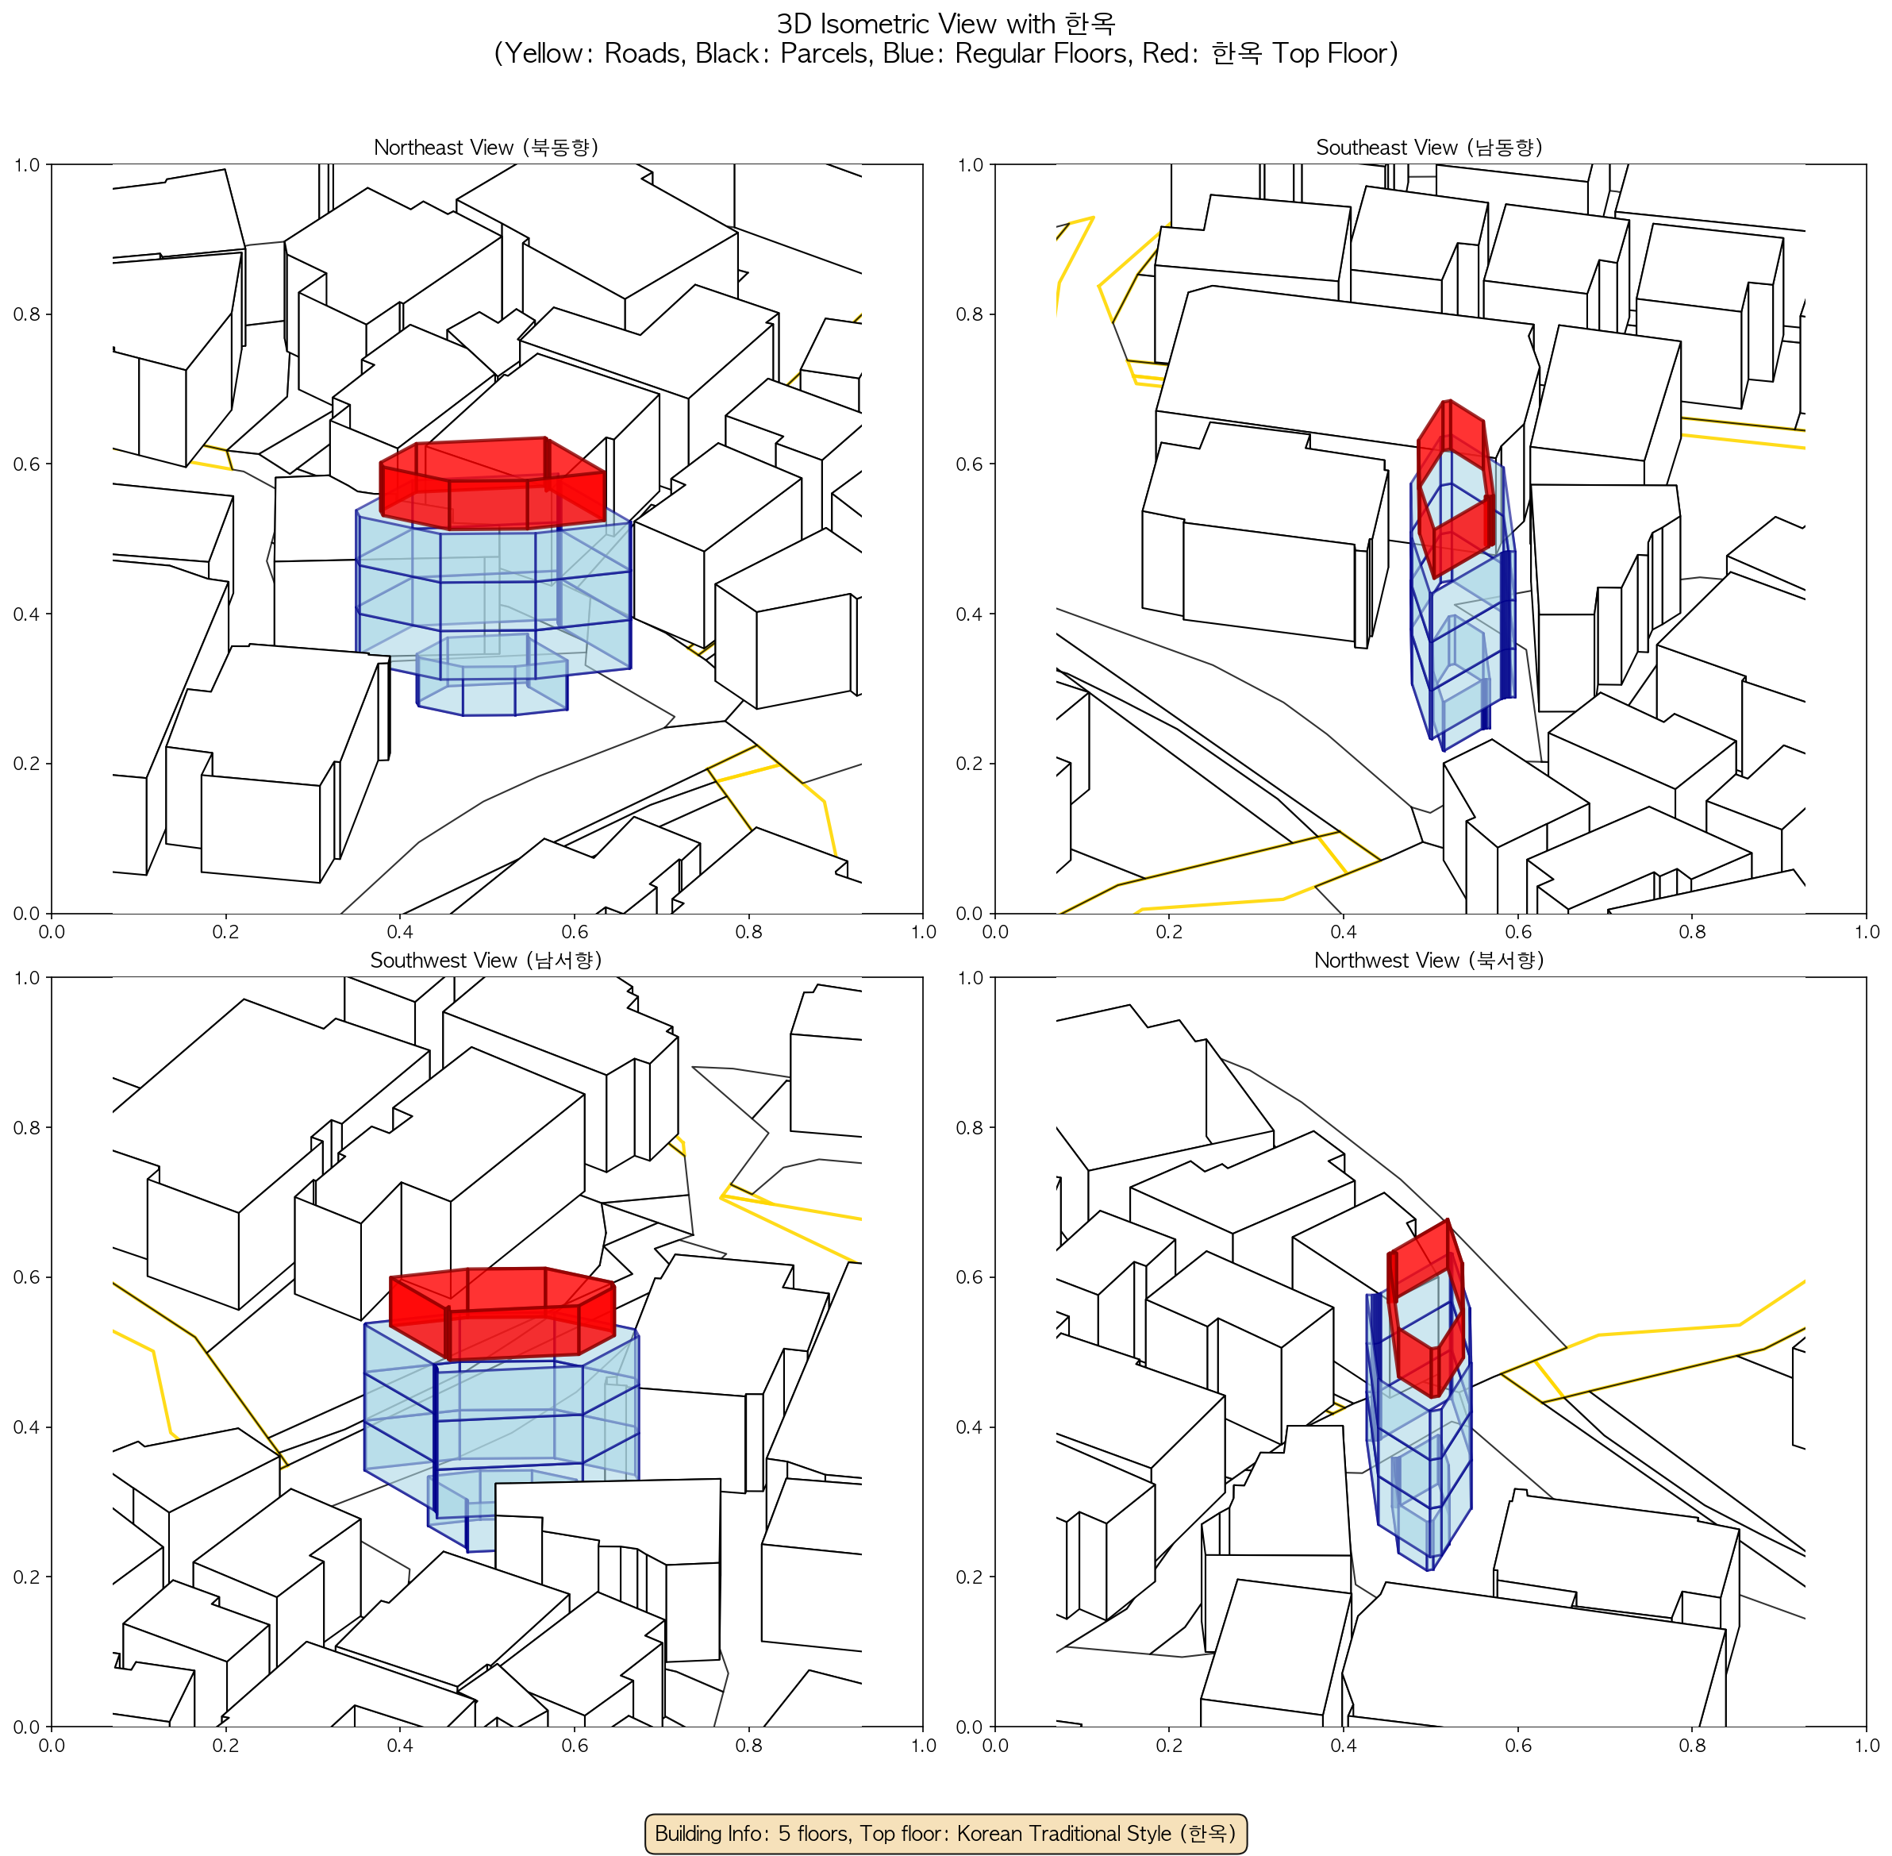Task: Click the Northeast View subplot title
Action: click(x=486, y=147)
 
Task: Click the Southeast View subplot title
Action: click(x=1429, y=147)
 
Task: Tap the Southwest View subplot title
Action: click(x=486, y=961)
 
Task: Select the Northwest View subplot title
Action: click(x=1429, y=961)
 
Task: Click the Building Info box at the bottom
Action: click(x=945, y=1833)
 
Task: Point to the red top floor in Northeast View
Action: click(x=492, y=483)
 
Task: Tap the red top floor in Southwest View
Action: click(x=502, y=1313)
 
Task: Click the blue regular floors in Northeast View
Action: click(x=494, y=595)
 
